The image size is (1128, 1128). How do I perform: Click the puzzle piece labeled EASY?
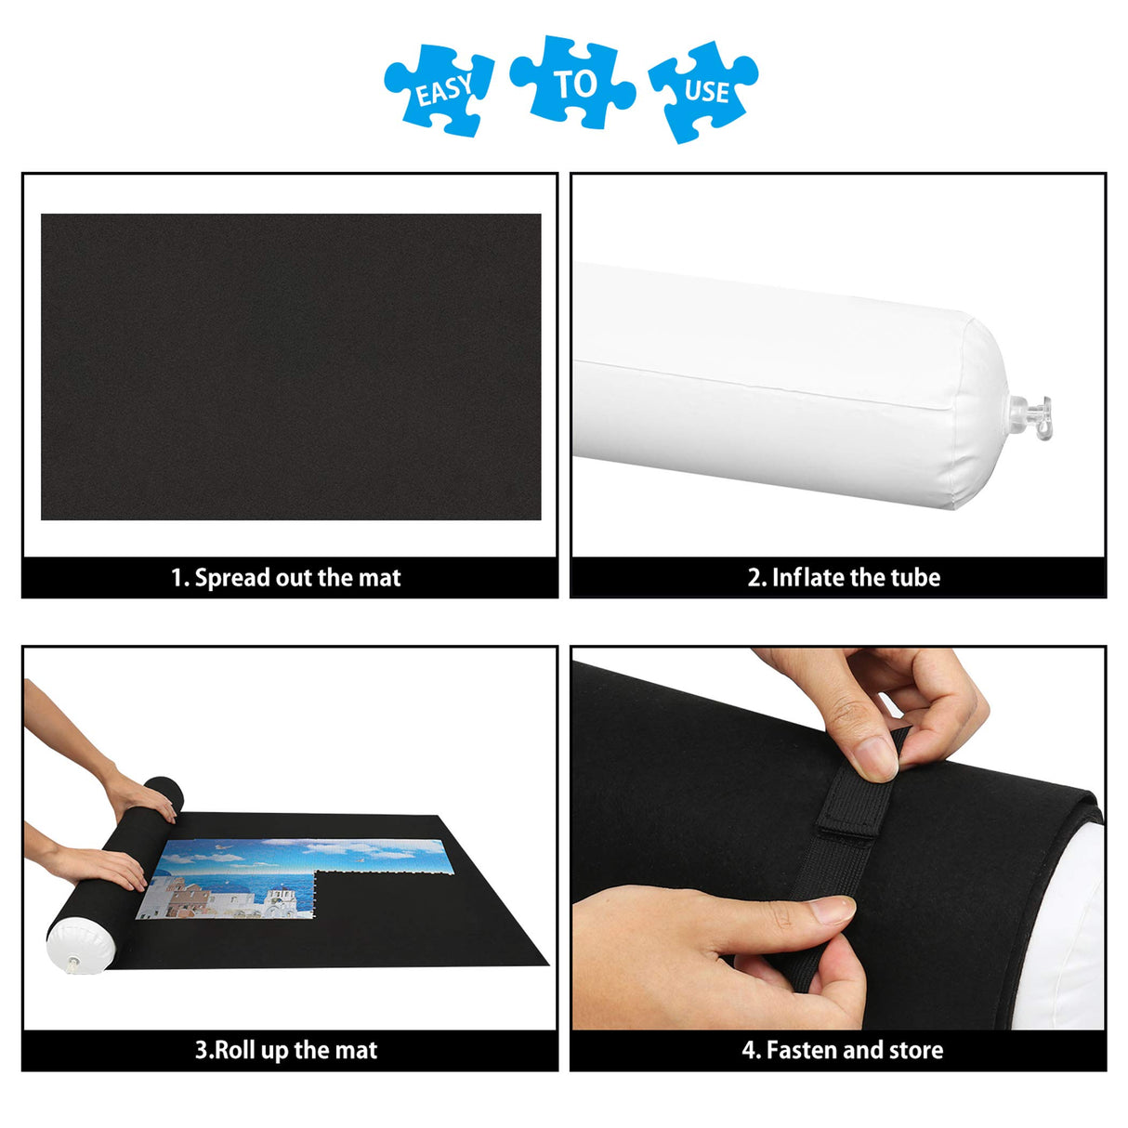pyautogui.click(x=439, y=88)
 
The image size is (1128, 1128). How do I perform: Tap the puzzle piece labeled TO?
pyautogui.click(x=572, y=82)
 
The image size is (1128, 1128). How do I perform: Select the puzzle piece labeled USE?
pyautogui.click(x=703, y=90)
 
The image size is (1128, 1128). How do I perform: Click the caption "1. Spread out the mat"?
pyautogui.click(x=286, y=578)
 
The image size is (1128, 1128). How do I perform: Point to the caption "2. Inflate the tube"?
pyautogui.click(x=844, y=578)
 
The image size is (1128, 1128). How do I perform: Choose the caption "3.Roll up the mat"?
pyautogui.click(x=286, y=1050)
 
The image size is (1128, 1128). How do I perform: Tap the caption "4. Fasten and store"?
pyautogui.click(x=842, y=1050)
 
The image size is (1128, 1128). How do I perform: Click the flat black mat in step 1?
pyautogui.click(x=290, y=366)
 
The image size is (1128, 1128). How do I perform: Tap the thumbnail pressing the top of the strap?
pyautogui.click(x=875, y=758)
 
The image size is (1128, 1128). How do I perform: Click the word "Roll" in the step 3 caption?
pyautogui.click(x=235, y=1050)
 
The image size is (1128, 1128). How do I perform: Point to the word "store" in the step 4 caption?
pyautogui.click(x=916, y=1050)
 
